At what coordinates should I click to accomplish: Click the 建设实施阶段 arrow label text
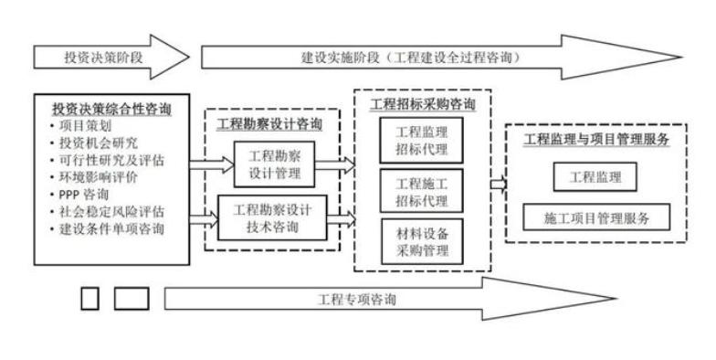(411, 57)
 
